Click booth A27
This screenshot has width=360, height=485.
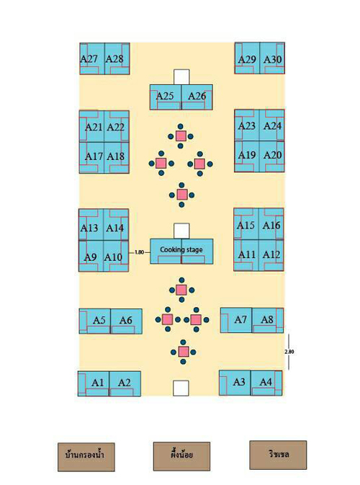(92, 58)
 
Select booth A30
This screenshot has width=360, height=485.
(272, 58)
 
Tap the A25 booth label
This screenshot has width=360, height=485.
(165, 96)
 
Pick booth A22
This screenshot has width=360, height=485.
(117, 126)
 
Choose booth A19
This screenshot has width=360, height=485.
(247, 156)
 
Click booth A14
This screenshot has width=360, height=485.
(116, 225)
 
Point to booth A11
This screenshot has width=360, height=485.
(246, 255)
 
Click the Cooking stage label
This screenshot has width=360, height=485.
(181, 249)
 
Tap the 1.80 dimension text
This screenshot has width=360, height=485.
(140, 252)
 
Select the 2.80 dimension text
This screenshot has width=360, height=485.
(289, 352)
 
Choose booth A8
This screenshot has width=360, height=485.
(268, 320)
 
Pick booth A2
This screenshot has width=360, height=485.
(125, 383)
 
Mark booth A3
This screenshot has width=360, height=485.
(235, 383)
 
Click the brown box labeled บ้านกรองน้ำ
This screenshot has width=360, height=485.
(86, 457)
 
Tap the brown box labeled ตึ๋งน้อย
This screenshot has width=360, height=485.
(181, 456)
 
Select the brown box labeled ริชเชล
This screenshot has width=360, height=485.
(278, 455)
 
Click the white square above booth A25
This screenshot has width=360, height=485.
(181, 77)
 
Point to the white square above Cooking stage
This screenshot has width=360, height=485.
(181, 231)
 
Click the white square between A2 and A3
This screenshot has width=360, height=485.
(181, 388)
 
